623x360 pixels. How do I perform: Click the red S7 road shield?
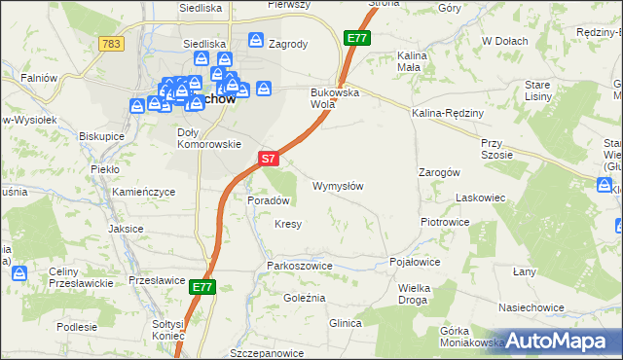pos(270,157)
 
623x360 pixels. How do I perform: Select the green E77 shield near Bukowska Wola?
pos(356,38)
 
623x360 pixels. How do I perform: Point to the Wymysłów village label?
pos(338,186)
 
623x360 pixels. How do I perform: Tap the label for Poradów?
pos(270,200)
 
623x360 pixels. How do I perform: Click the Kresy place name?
pos(288,224)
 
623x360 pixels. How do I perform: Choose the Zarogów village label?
pos(438,171)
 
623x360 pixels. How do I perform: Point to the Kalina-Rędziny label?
pos(448,113)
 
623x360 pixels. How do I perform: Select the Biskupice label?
pos(102,136)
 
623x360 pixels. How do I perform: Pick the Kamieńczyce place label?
pos(143,193)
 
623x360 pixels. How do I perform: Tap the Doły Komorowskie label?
pos(209,138)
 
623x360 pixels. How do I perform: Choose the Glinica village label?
pos(346,323)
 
